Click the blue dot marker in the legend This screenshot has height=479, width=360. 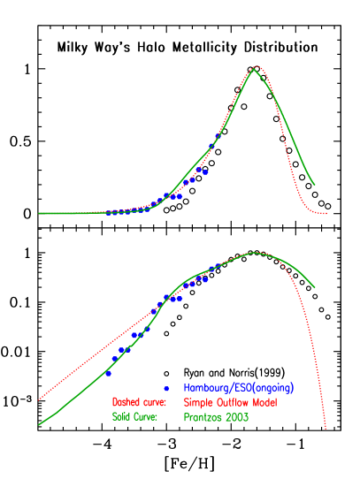165,388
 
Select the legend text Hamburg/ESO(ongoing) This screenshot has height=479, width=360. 238,388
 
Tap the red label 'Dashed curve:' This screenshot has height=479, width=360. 139,402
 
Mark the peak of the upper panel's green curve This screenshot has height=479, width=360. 255,67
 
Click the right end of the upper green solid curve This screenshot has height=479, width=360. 315,185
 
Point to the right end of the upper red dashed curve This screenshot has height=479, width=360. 326,213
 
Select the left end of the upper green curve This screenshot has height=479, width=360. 39,213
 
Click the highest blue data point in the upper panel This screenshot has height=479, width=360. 211,147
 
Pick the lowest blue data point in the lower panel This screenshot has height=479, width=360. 108,373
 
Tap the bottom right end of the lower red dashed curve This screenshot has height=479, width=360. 326,430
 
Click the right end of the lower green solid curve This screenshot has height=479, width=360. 315,287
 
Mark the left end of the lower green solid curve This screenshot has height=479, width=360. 39,425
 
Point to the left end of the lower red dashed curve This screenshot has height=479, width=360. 39,399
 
